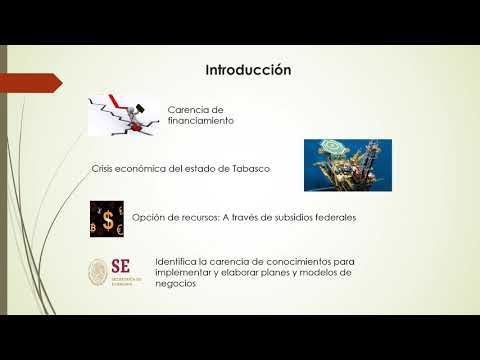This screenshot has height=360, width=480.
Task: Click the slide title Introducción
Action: (x=248, y=71)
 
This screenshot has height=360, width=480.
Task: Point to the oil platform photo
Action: (x=347, y=164)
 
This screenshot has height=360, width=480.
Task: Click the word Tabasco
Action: (x=248, y=170)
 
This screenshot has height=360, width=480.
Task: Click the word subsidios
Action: (x=291, y=216)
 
